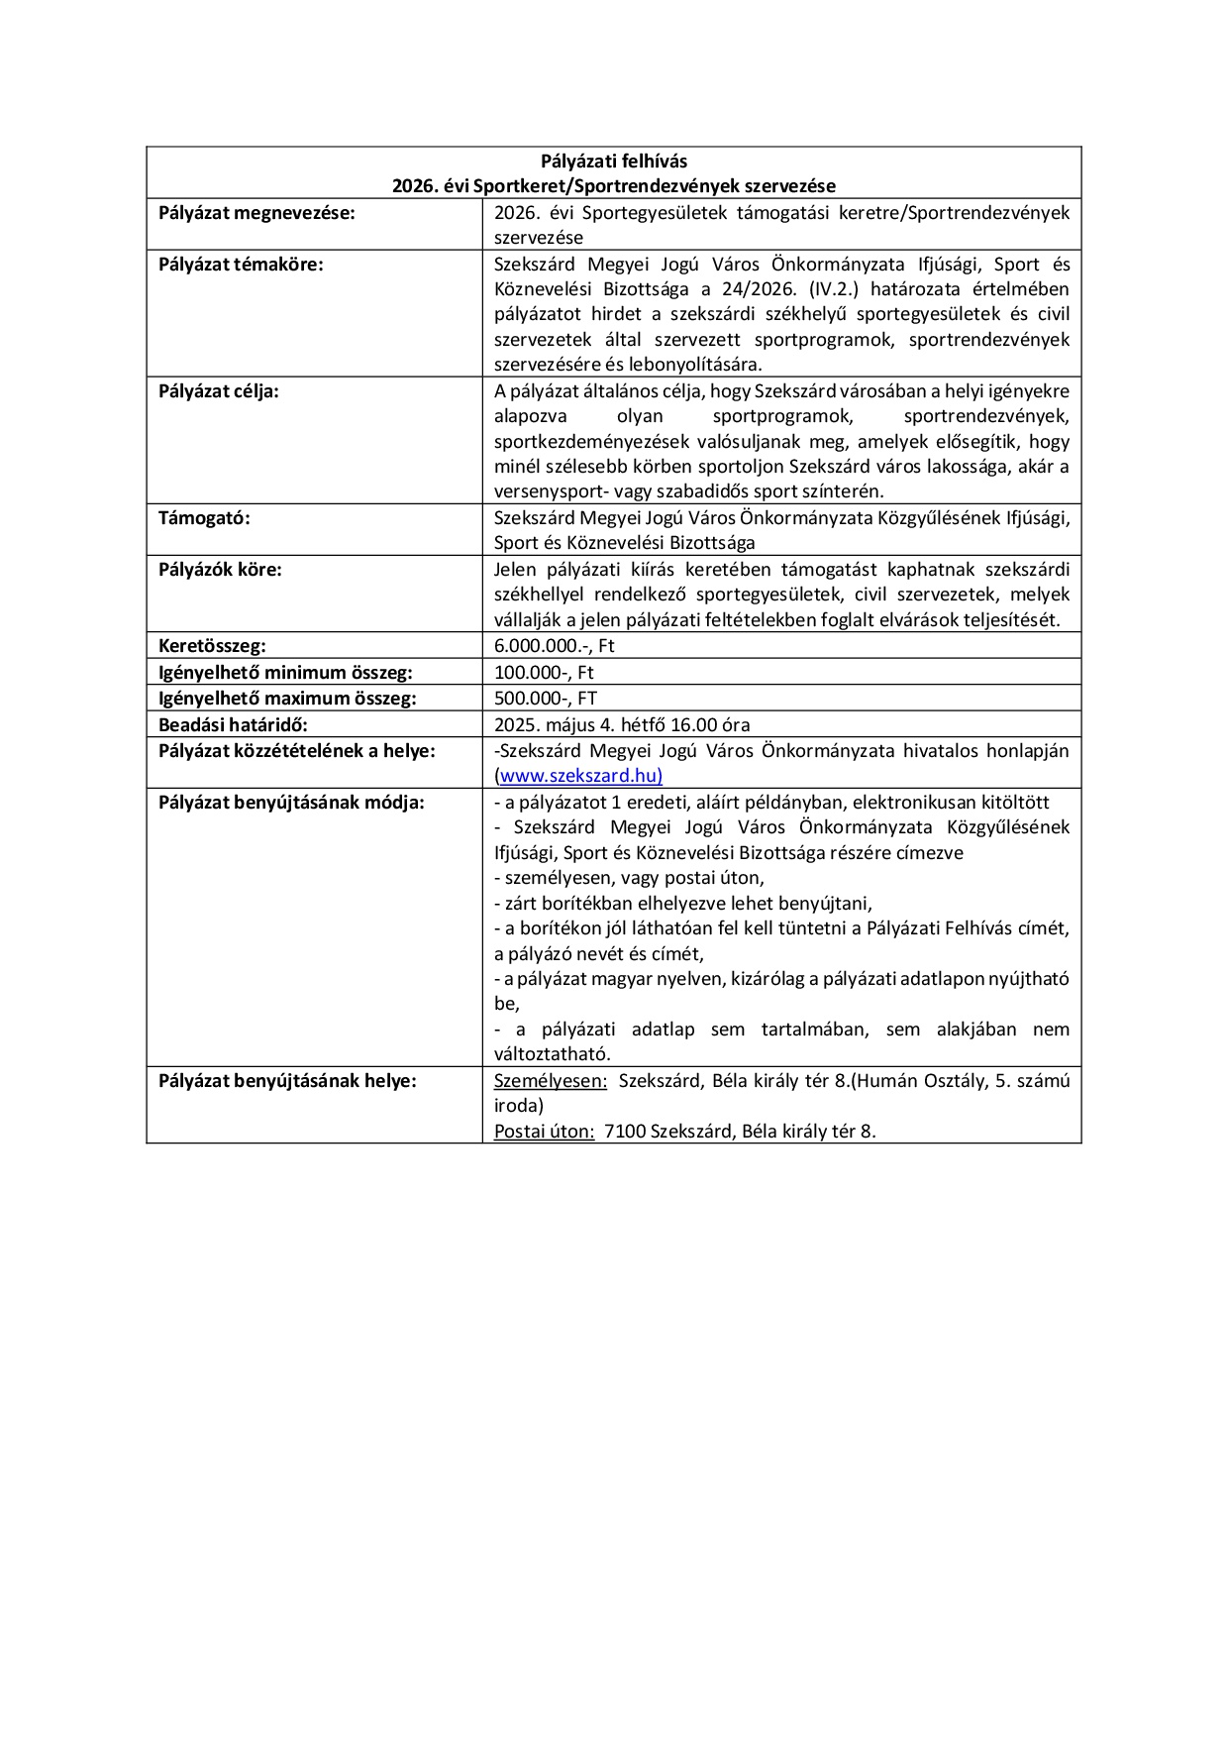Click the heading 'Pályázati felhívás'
(613, 161)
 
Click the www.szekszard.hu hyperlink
(580, 776)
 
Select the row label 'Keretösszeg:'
(212, 646)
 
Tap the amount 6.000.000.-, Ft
(555, 646)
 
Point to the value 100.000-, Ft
(544, 672)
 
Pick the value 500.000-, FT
(546, 698)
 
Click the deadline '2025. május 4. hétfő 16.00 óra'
(621, 724)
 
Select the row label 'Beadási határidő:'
(233, 724)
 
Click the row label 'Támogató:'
(204, 517)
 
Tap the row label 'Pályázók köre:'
(220, 570)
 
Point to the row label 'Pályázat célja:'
(218, 391)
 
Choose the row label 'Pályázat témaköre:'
(241, 265)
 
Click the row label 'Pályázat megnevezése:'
(256, 212)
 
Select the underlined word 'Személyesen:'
(551, 1081)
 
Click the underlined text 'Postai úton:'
(544, 1132)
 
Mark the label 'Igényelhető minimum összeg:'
(284, 672)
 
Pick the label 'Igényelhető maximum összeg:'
(287, 698)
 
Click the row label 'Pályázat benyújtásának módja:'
(291, 802)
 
